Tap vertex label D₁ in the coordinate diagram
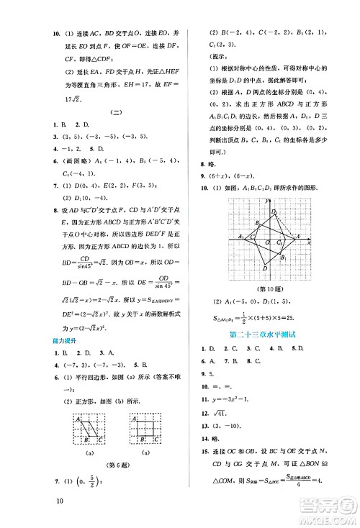pos(274,211)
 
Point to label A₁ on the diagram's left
pos(242,236)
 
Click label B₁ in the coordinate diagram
pos(284,257)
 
